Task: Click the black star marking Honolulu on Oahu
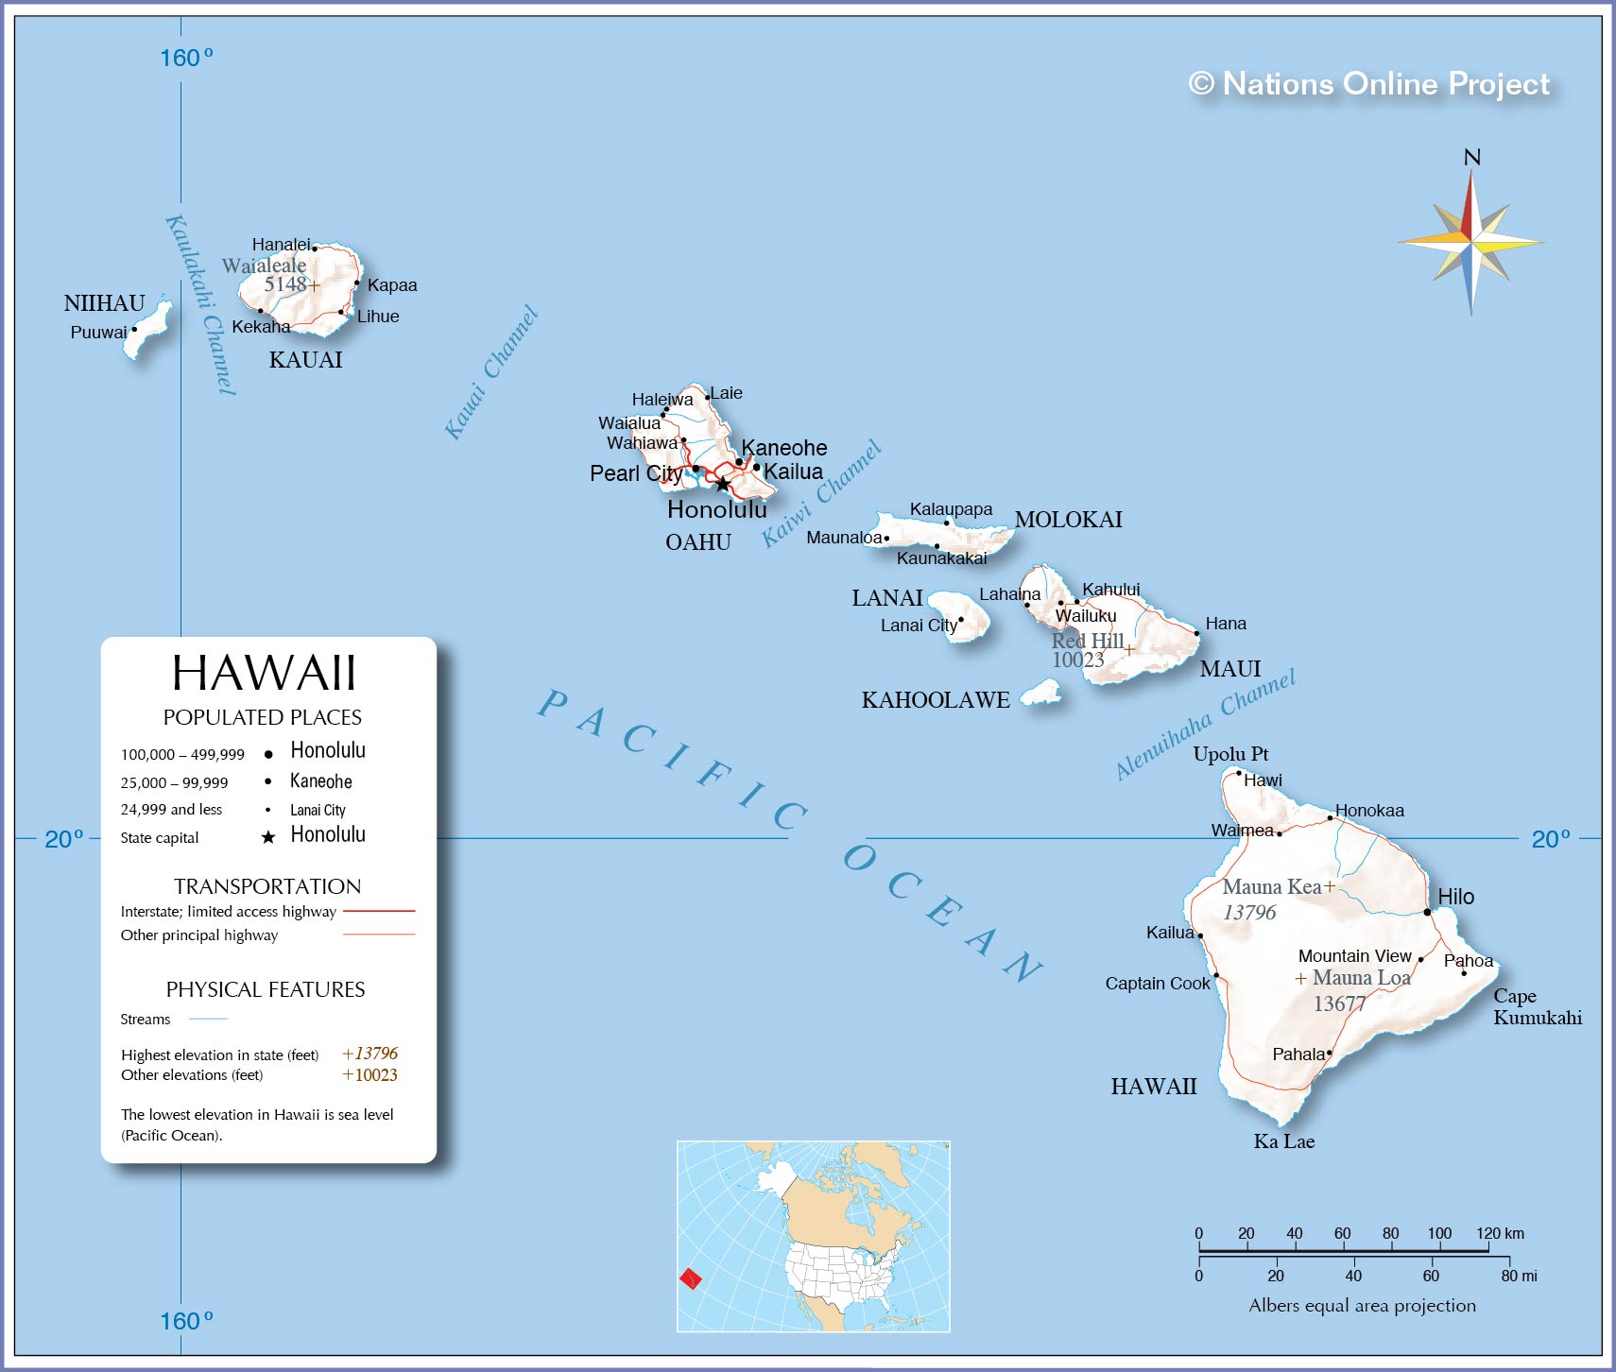pos(723,484)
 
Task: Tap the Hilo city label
pos(1455,897)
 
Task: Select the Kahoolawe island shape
pos(1041,694)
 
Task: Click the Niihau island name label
pos(104,303)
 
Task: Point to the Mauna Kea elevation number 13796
pos(1249,913)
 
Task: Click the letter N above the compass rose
pos(1471,158)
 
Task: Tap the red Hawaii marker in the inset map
pos(691,1279)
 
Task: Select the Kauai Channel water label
pos(490,372)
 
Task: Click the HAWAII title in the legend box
pos(264,673)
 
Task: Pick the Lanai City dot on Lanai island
pos(961,620)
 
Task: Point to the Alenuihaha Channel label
pos(1205,725)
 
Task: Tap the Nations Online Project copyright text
pos(1368,84)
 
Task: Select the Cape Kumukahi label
pos(1536,1006)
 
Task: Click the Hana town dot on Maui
pos(1196,633)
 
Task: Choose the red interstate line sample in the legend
pos(379,911)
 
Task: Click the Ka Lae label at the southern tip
pos(1283,1141)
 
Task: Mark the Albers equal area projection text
pos(1362,1306)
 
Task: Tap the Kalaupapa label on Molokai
pos(951,509)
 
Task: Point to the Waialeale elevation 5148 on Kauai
pos(284,283)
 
